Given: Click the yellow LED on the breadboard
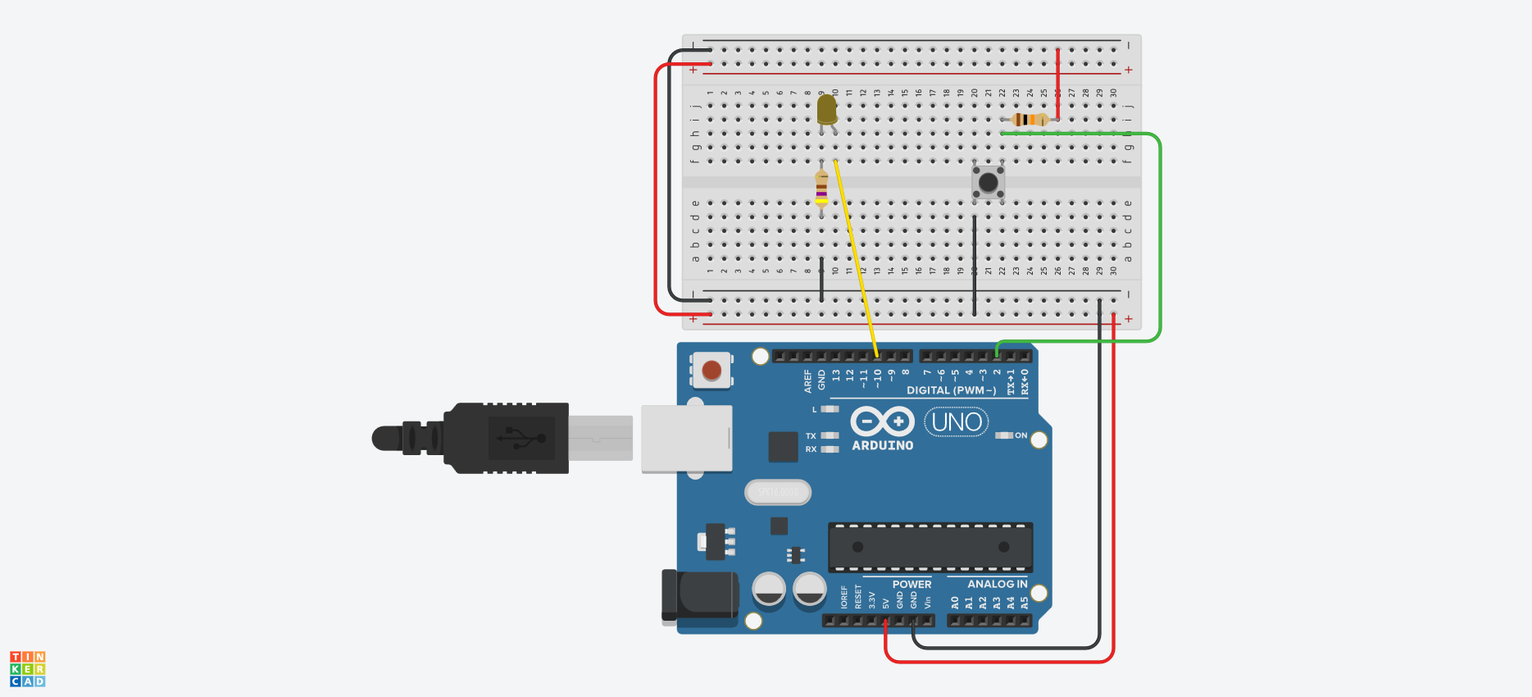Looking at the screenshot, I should click(827, 110).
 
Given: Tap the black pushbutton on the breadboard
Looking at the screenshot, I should click(989, 182).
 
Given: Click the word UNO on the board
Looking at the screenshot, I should click(957, 422).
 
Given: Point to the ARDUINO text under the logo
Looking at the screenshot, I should click(882, 445).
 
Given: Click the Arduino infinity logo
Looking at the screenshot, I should click(882, 421).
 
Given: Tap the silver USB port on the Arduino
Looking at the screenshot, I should click(686, 438).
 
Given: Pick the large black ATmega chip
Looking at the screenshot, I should click(930, 547).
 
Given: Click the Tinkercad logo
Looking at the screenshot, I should click(27, 669).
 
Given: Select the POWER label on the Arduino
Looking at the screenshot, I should click(911, 585).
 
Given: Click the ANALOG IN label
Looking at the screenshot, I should click(997, 585).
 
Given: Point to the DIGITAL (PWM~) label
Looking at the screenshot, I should click(951, 390).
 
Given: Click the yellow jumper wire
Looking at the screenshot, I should click(855, 254).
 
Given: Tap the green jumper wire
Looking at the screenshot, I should click(1160, 238).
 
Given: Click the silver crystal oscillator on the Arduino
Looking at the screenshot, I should click(778, 492).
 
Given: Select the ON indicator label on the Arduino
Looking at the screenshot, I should click(1021, 435).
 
